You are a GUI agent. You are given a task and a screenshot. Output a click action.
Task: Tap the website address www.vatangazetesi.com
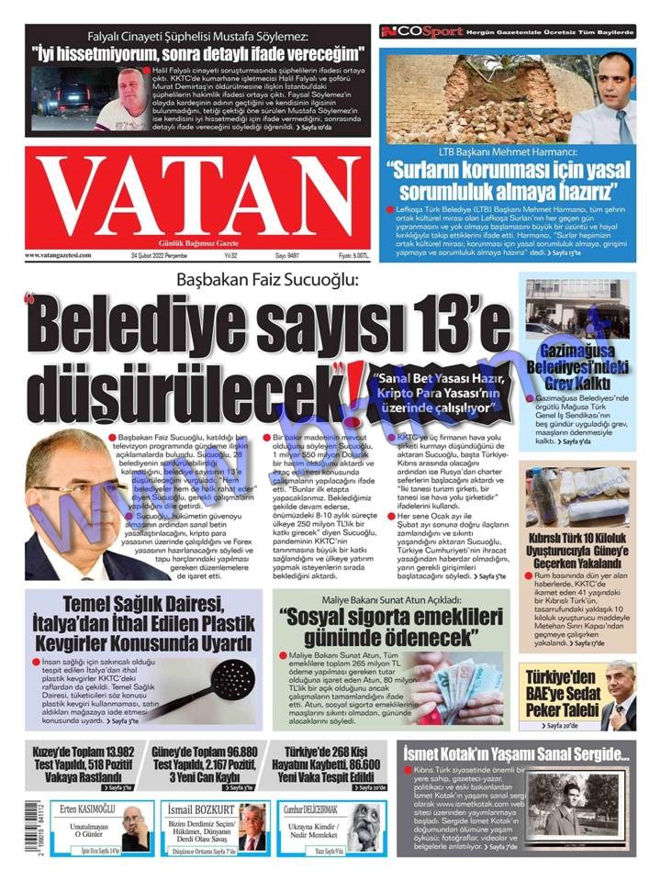coord(58,255)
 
